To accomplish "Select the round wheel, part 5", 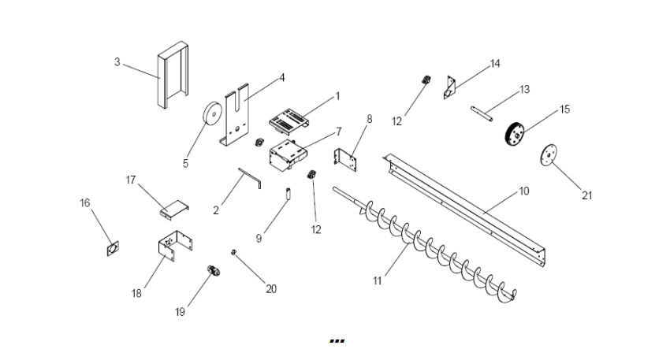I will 210,116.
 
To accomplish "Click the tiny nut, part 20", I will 234,252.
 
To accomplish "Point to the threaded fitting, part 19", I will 212,272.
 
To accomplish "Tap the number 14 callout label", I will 494,65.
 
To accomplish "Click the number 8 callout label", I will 369,118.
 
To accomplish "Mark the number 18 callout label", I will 137,293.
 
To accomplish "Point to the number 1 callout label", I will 337,95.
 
